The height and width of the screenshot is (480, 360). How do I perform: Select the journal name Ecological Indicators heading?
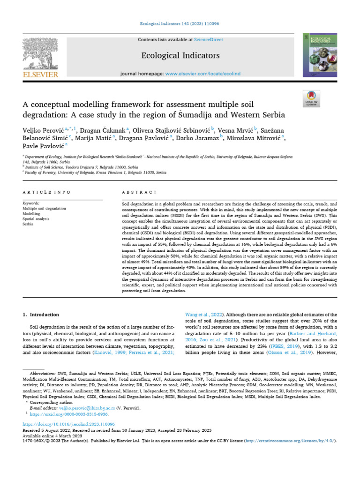[x=180, y=56]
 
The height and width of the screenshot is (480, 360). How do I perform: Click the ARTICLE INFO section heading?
[x=47, y=192]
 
